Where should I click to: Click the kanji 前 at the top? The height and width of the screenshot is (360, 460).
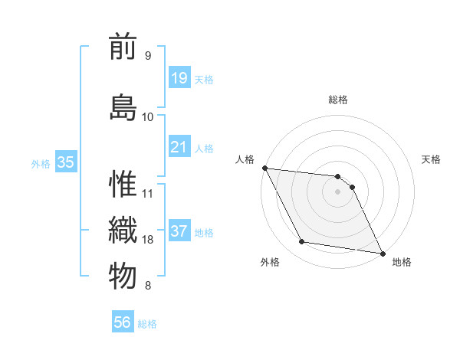click(123, 48)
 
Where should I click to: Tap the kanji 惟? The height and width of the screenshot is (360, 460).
click(123, 185)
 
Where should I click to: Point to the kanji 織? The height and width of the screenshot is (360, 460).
click(123, 230)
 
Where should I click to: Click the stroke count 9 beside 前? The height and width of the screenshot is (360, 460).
click(147, 55)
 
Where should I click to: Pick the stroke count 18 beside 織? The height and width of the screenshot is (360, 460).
click(148, 240)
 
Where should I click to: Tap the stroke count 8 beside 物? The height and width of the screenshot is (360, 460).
click(147, 286)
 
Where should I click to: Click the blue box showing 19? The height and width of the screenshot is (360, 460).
click(179, 77)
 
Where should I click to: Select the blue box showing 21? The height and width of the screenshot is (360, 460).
click(179, 146)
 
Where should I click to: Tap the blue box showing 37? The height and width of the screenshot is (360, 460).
click(179, 231)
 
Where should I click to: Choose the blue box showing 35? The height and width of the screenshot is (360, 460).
click(66, 162)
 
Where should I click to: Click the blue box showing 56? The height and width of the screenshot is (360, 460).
click(123, 322)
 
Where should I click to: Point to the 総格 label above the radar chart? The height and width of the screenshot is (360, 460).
click(338, 100)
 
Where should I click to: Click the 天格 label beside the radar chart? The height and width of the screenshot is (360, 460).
click(432, 159)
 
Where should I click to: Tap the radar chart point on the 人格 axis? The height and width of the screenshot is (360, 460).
click(264, 168)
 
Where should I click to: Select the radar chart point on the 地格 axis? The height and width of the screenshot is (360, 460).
click(382, 252)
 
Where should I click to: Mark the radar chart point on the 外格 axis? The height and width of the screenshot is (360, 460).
click(302, 242)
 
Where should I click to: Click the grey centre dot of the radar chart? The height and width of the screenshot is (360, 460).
click(337, 191)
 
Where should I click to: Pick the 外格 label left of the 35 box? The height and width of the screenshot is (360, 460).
click(41, 163)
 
